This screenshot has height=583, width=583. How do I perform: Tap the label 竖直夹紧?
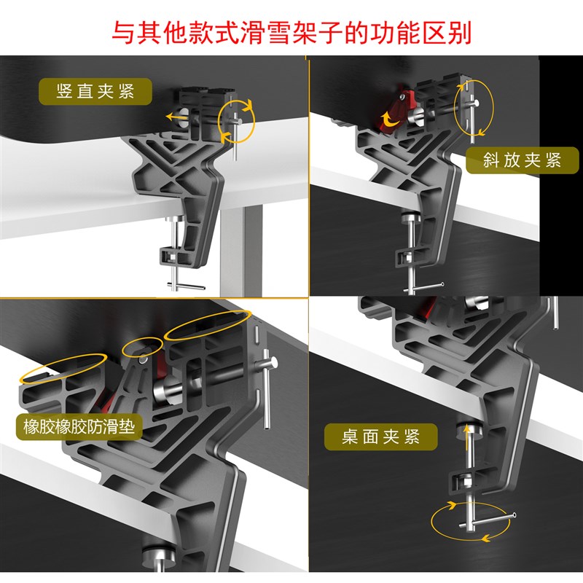[x=95, y=92]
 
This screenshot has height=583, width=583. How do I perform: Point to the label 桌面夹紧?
[x=381, y=437]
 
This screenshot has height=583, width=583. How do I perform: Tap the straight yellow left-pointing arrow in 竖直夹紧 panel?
[x=174, y=115]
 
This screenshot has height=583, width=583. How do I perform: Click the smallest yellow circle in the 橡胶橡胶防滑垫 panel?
[x=141, y=348]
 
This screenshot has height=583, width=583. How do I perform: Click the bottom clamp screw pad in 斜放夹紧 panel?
[x=410, y=219]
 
